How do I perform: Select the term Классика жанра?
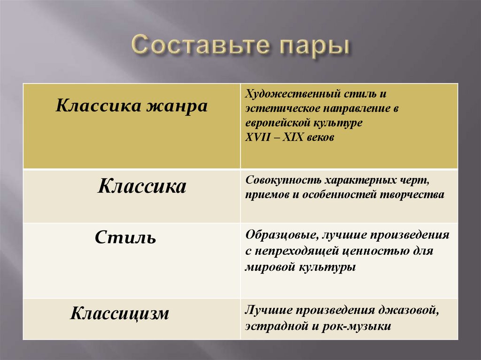pos(132,106)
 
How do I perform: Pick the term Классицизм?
pos(119,313)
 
